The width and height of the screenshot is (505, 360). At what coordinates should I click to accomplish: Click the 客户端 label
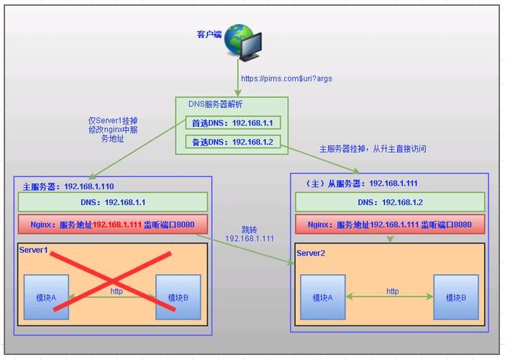tap(209, 34)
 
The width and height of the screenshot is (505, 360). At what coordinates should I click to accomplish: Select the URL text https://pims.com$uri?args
tap(286, 78)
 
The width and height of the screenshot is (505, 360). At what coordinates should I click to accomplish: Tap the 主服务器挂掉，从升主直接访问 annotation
tap(373, 149)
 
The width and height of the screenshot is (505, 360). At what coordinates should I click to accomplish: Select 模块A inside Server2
tap(323, 297)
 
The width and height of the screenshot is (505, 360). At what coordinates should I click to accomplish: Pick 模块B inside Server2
tap(455, 297)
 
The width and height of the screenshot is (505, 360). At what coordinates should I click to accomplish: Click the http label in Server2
tap(392, 291)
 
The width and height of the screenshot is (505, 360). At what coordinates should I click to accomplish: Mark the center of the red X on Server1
tap(113, 281)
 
